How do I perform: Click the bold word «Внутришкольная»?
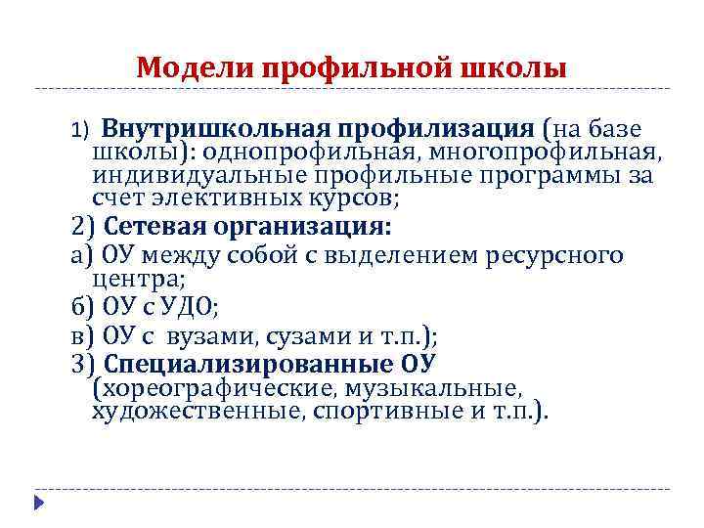217,129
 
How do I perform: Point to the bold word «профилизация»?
439,129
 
